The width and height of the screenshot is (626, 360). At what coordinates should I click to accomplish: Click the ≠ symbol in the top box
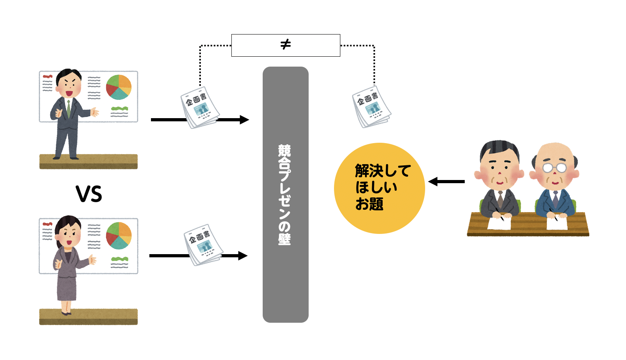285,44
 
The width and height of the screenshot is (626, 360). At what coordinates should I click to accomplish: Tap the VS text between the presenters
89,194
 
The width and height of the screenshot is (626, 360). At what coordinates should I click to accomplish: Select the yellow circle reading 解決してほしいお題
379,188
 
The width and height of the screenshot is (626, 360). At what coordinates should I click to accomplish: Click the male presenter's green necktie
69,108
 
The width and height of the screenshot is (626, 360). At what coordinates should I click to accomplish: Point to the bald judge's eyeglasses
555,168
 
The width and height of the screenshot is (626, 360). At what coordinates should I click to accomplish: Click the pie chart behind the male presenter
118,87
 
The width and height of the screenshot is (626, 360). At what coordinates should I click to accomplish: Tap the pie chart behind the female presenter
118,235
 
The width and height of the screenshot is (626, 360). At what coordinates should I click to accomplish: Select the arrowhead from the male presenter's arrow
244,120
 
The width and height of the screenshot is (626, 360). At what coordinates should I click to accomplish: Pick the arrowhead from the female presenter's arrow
242,256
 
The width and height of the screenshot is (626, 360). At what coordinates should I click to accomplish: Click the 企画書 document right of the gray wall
371,107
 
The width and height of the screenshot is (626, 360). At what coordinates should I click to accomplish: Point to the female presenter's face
68,234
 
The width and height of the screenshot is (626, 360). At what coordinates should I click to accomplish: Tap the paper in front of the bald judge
557,222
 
